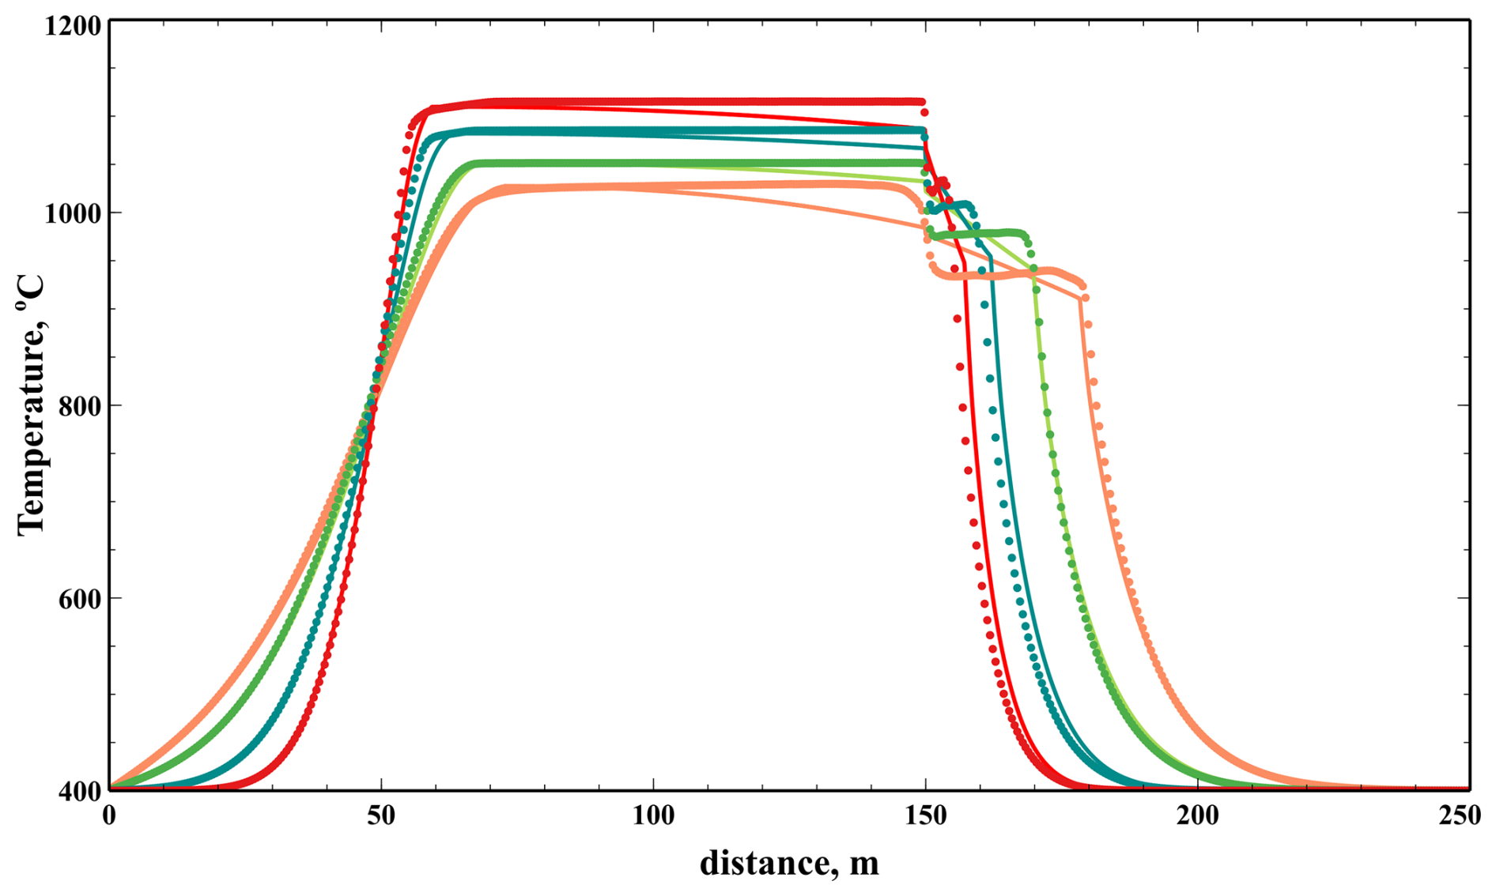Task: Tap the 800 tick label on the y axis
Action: point(79,406)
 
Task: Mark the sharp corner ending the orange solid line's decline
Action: point(1081,299)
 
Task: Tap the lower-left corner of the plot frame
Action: point(109,789)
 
